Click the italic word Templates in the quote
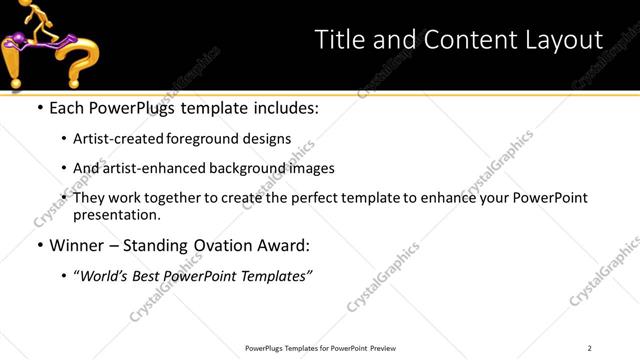(x=276, y=275)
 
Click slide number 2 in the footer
(x=590, y=348)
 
